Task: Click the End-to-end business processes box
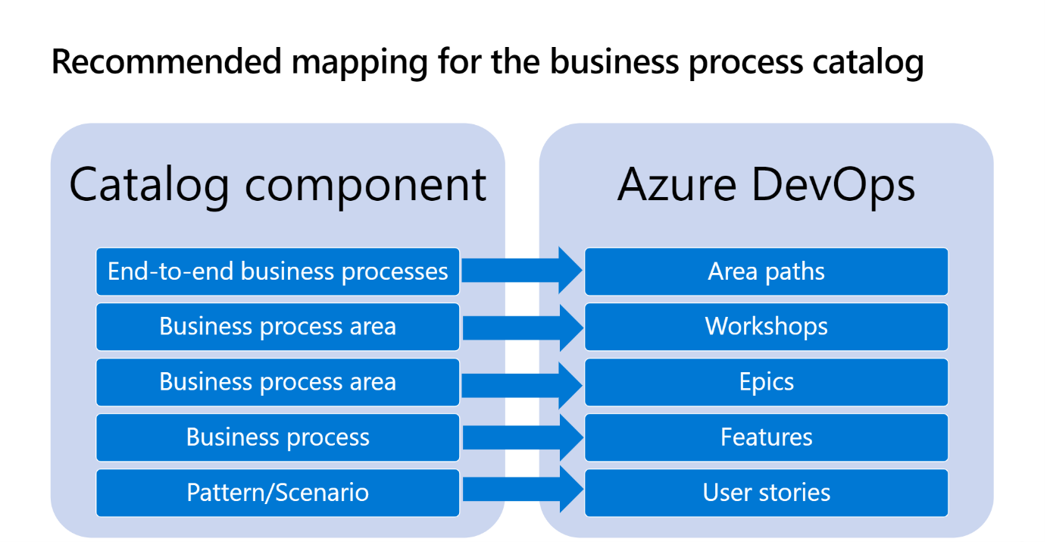[x=277, y=271]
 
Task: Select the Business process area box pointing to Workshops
[x=277, y=327]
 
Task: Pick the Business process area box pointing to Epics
[x=277, y=382]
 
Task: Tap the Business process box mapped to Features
[x=277, y=437]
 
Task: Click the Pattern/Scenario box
[x=277, y=493]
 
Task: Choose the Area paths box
[x=767, y=271]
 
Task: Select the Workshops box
[x=767, y=327]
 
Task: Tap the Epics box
[x=767, y=382]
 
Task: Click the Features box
[x=767, y=437]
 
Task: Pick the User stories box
[x=767, y=493]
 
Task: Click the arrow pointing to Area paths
[x=522, y=271]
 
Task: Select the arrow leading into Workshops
[x=523, y=327]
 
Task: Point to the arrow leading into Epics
[x=522, y=385]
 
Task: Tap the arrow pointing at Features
[x=523, y=438]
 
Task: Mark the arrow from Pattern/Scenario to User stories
[x=523, y=490]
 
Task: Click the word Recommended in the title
[x=167, y=61]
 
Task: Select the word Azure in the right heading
[x=677, y=185]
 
